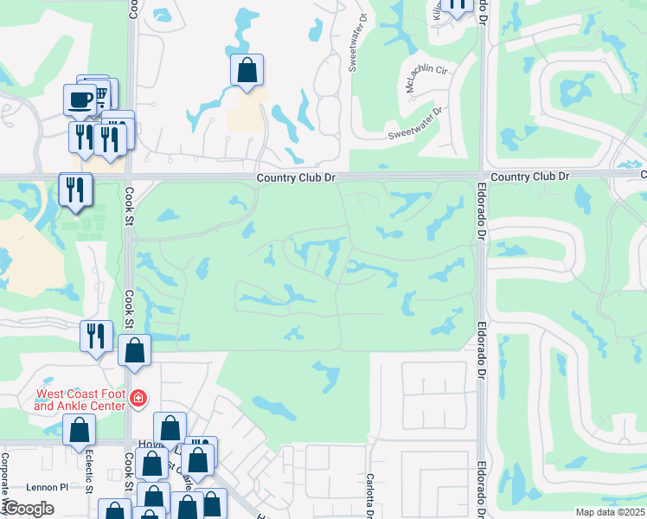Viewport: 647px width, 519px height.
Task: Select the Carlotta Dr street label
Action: click(369, 495)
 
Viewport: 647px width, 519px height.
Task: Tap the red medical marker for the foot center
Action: click(138, 399)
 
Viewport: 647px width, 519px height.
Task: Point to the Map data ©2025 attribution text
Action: click(610, 512)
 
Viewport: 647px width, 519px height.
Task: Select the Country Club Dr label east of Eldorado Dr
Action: click(529, 176)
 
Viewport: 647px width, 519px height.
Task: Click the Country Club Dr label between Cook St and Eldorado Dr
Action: click(295, 176)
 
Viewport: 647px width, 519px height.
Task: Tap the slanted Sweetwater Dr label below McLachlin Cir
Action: click(415, 123)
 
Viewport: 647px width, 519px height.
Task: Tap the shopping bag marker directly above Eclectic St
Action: click(80, 430)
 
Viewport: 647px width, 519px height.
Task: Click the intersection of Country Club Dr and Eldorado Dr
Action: click(481, 176)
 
